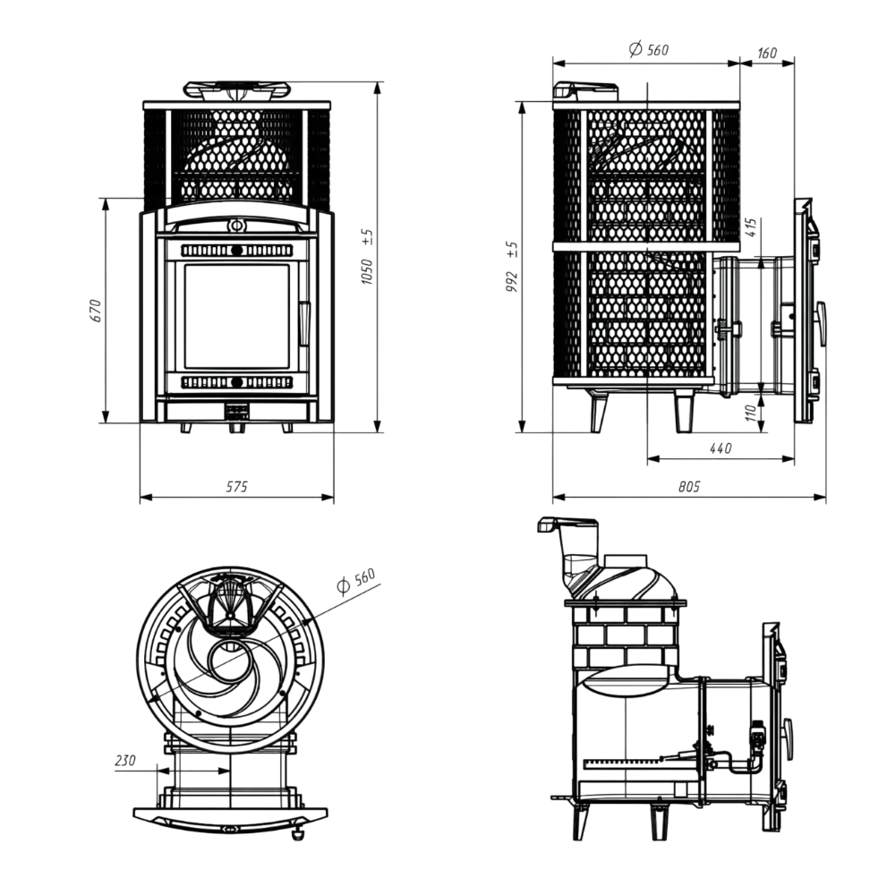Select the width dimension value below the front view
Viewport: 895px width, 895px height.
pos(235,487)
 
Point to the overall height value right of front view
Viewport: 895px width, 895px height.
pos(366,260)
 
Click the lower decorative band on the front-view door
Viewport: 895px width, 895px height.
pos(236,382)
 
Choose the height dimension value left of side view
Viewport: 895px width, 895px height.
pos(510,264)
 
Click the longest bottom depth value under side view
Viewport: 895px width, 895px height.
pos(687,488)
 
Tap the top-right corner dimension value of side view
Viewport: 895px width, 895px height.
pos(766,55)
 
